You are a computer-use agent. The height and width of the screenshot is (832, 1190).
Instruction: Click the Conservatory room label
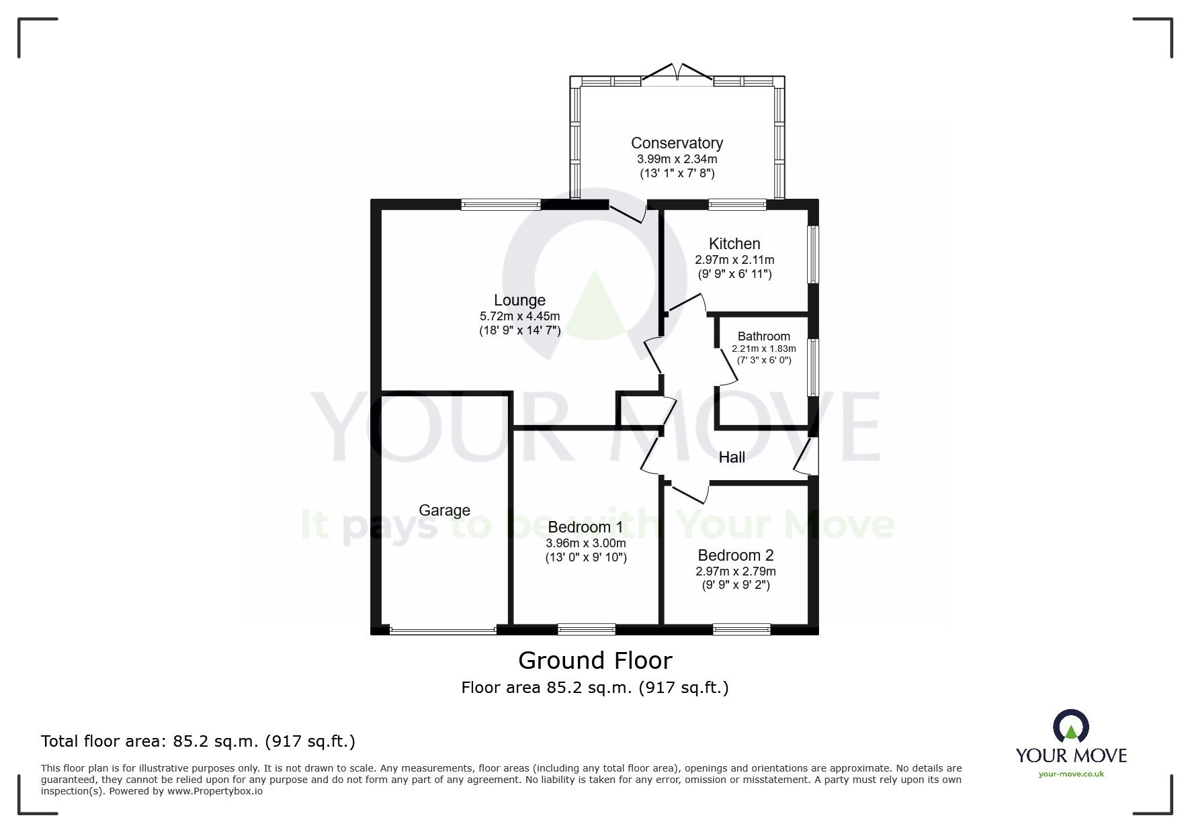click(x=677, y=143)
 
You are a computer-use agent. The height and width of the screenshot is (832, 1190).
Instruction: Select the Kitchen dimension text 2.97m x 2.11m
click(x=734, y=260)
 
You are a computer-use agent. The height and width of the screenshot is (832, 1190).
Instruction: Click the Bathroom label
click(x=763, y=336)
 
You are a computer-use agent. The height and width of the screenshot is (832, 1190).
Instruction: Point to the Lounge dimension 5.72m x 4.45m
click(x=519, y=316)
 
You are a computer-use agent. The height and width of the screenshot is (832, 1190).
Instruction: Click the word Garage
click(x=444, y=510)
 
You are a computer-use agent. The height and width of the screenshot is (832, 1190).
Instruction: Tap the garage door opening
click(x=443, y=631)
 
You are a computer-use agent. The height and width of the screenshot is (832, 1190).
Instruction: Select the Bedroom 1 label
click(x=585, y=527)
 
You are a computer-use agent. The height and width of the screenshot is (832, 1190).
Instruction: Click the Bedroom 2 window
click(x=741, y=629)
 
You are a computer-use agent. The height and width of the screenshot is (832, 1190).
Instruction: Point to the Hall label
click(x=732, y=457)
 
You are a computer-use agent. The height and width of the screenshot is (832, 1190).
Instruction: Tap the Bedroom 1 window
click(x=586, y=629)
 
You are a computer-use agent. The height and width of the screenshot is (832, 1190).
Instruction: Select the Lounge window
click(x=501, y=205)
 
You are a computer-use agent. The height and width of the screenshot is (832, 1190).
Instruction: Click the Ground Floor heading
click(x=595, y=661)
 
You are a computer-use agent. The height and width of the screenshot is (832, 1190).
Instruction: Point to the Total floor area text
click(x=198, y=741)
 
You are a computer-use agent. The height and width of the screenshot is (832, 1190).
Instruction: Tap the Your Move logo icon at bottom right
click(x=1070, y=726)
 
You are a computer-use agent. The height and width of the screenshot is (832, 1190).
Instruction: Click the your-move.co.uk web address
click(x=1070, y=774)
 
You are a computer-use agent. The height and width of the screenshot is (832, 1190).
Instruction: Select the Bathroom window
click(x=813, y=367)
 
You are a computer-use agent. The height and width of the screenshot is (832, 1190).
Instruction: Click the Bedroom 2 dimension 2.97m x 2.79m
click(x=735, y=571)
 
